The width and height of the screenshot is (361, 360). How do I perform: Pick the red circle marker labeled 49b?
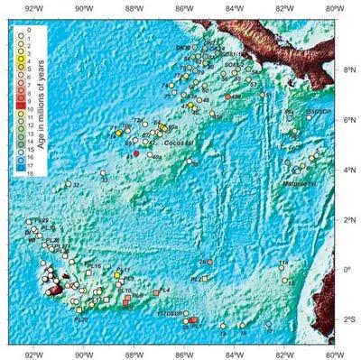229,95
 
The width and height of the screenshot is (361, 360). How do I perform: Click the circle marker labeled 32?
68,184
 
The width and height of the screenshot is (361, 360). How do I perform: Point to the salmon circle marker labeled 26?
209,262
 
